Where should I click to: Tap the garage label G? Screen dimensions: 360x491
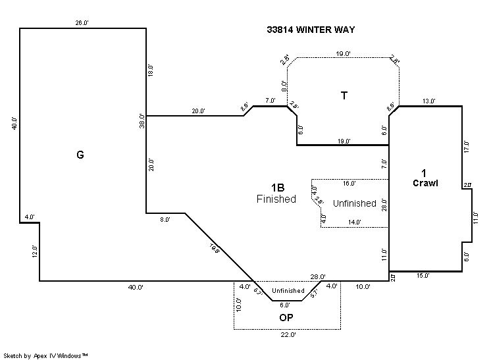tap(80, 155)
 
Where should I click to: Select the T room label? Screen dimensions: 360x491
tap(344, 95)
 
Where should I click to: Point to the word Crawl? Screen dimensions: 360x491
tap(425, 183)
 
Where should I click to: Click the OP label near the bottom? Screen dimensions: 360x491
tap(286, 317)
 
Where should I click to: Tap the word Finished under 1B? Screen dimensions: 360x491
tap(276, 199)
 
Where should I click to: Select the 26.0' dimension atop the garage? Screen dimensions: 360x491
tap(82, 23)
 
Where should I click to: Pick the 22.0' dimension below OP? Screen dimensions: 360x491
tap(288, 335)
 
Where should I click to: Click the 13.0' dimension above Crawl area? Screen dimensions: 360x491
tap(429, 101)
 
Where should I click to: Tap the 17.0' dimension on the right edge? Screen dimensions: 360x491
tap(467, 147)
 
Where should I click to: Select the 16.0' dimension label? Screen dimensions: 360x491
tap(349, 184)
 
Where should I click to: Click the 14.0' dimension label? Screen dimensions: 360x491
tap(354, 222)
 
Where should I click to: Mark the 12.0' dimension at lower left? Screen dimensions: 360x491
tap(35, 252)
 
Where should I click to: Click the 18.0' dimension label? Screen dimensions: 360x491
tap(150, 71)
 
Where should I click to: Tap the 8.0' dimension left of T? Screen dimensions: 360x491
tap(284, 86)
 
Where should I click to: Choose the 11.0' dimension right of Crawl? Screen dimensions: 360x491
tap(476, 217)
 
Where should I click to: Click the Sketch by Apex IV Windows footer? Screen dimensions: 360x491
tap(46, 355)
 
